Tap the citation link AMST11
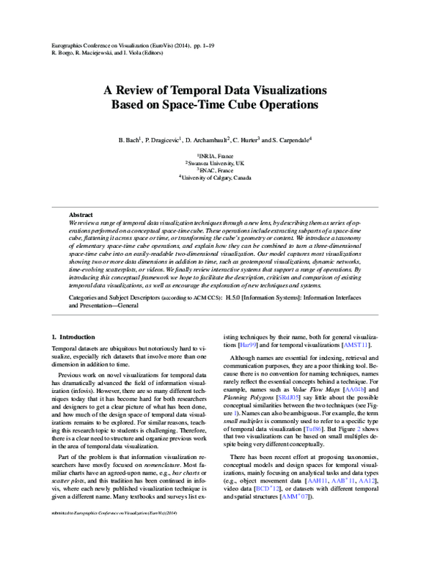point(356,345)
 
